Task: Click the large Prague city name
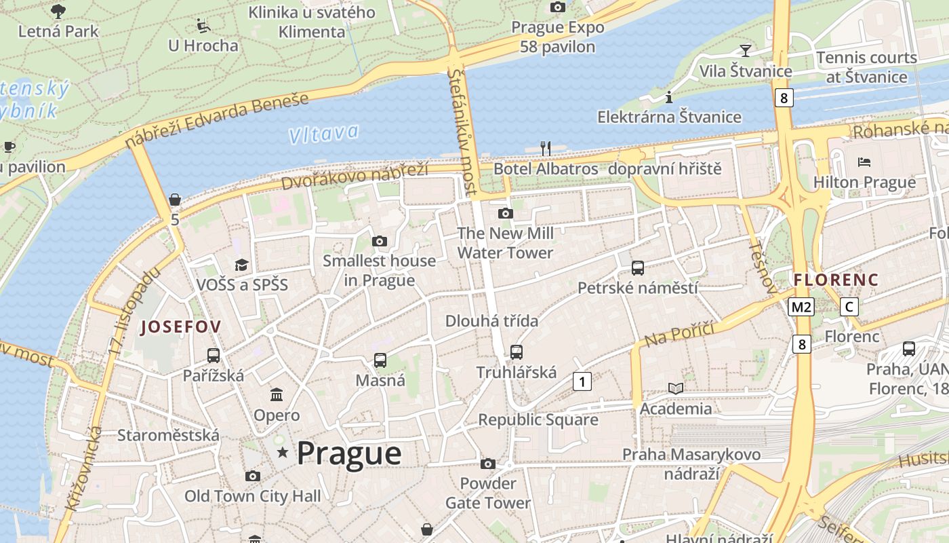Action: [x=349, y=453]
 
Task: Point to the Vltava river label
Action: [x=323, y=133]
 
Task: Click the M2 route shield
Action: [x=801, y=307]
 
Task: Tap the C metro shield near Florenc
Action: [x=849, y=307]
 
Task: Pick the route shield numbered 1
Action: [x=582, y=381]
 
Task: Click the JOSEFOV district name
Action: [x=180, y=327]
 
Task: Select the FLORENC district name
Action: [x=836, y=280]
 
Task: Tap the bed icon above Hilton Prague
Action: [x=864, y=162]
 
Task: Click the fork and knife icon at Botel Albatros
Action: [x=545, y=148]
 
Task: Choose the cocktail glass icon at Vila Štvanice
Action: [x=745, y=50]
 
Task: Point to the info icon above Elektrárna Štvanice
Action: [x=669, y=97]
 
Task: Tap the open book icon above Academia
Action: [x=676, y=388]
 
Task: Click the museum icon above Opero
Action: [x=277, y=394]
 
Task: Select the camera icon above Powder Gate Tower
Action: [x=487, y=464]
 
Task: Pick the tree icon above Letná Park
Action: [x=58, y=11]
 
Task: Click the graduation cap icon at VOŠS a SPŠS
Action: [x=241, y=265]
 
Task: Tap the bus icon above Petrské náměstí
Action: [x=637, y=268]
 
